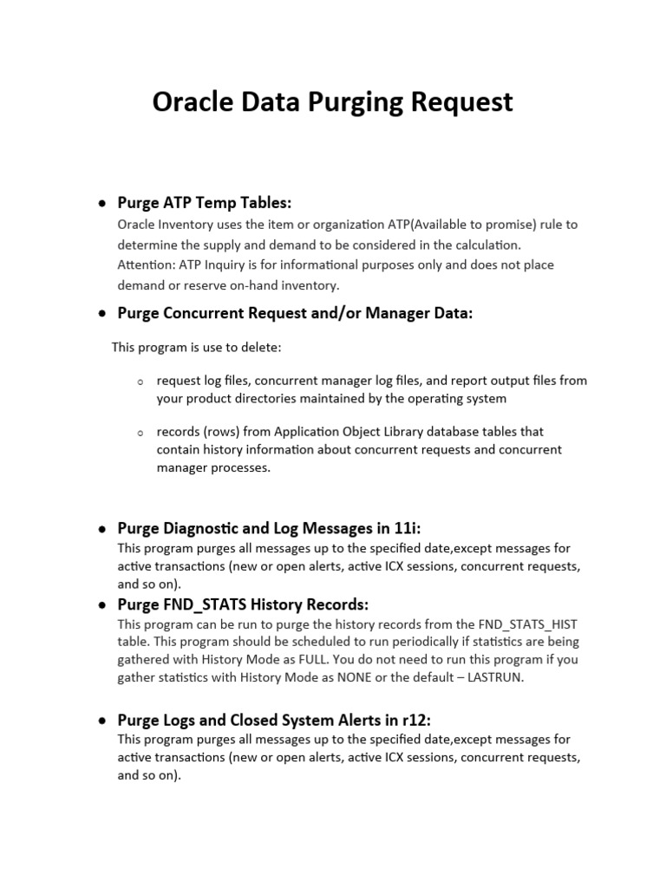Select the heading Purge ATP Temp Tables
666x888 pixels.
click(x=205, y=203)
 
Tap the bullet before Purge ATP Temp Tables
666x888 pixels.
click(x=101, y=204)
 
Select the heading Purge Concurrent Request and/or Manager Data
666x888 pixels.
click(x=295, y=314)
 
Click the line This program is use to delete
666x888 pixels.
click(x=196, y=348)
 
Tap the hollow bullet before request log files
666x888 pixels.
click(x=140, y=382)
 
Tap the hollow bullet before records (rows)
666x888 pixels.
click(x=140, y=432)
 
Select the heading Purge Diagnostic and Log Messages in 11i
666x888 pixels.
click(x=269, y=527)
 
